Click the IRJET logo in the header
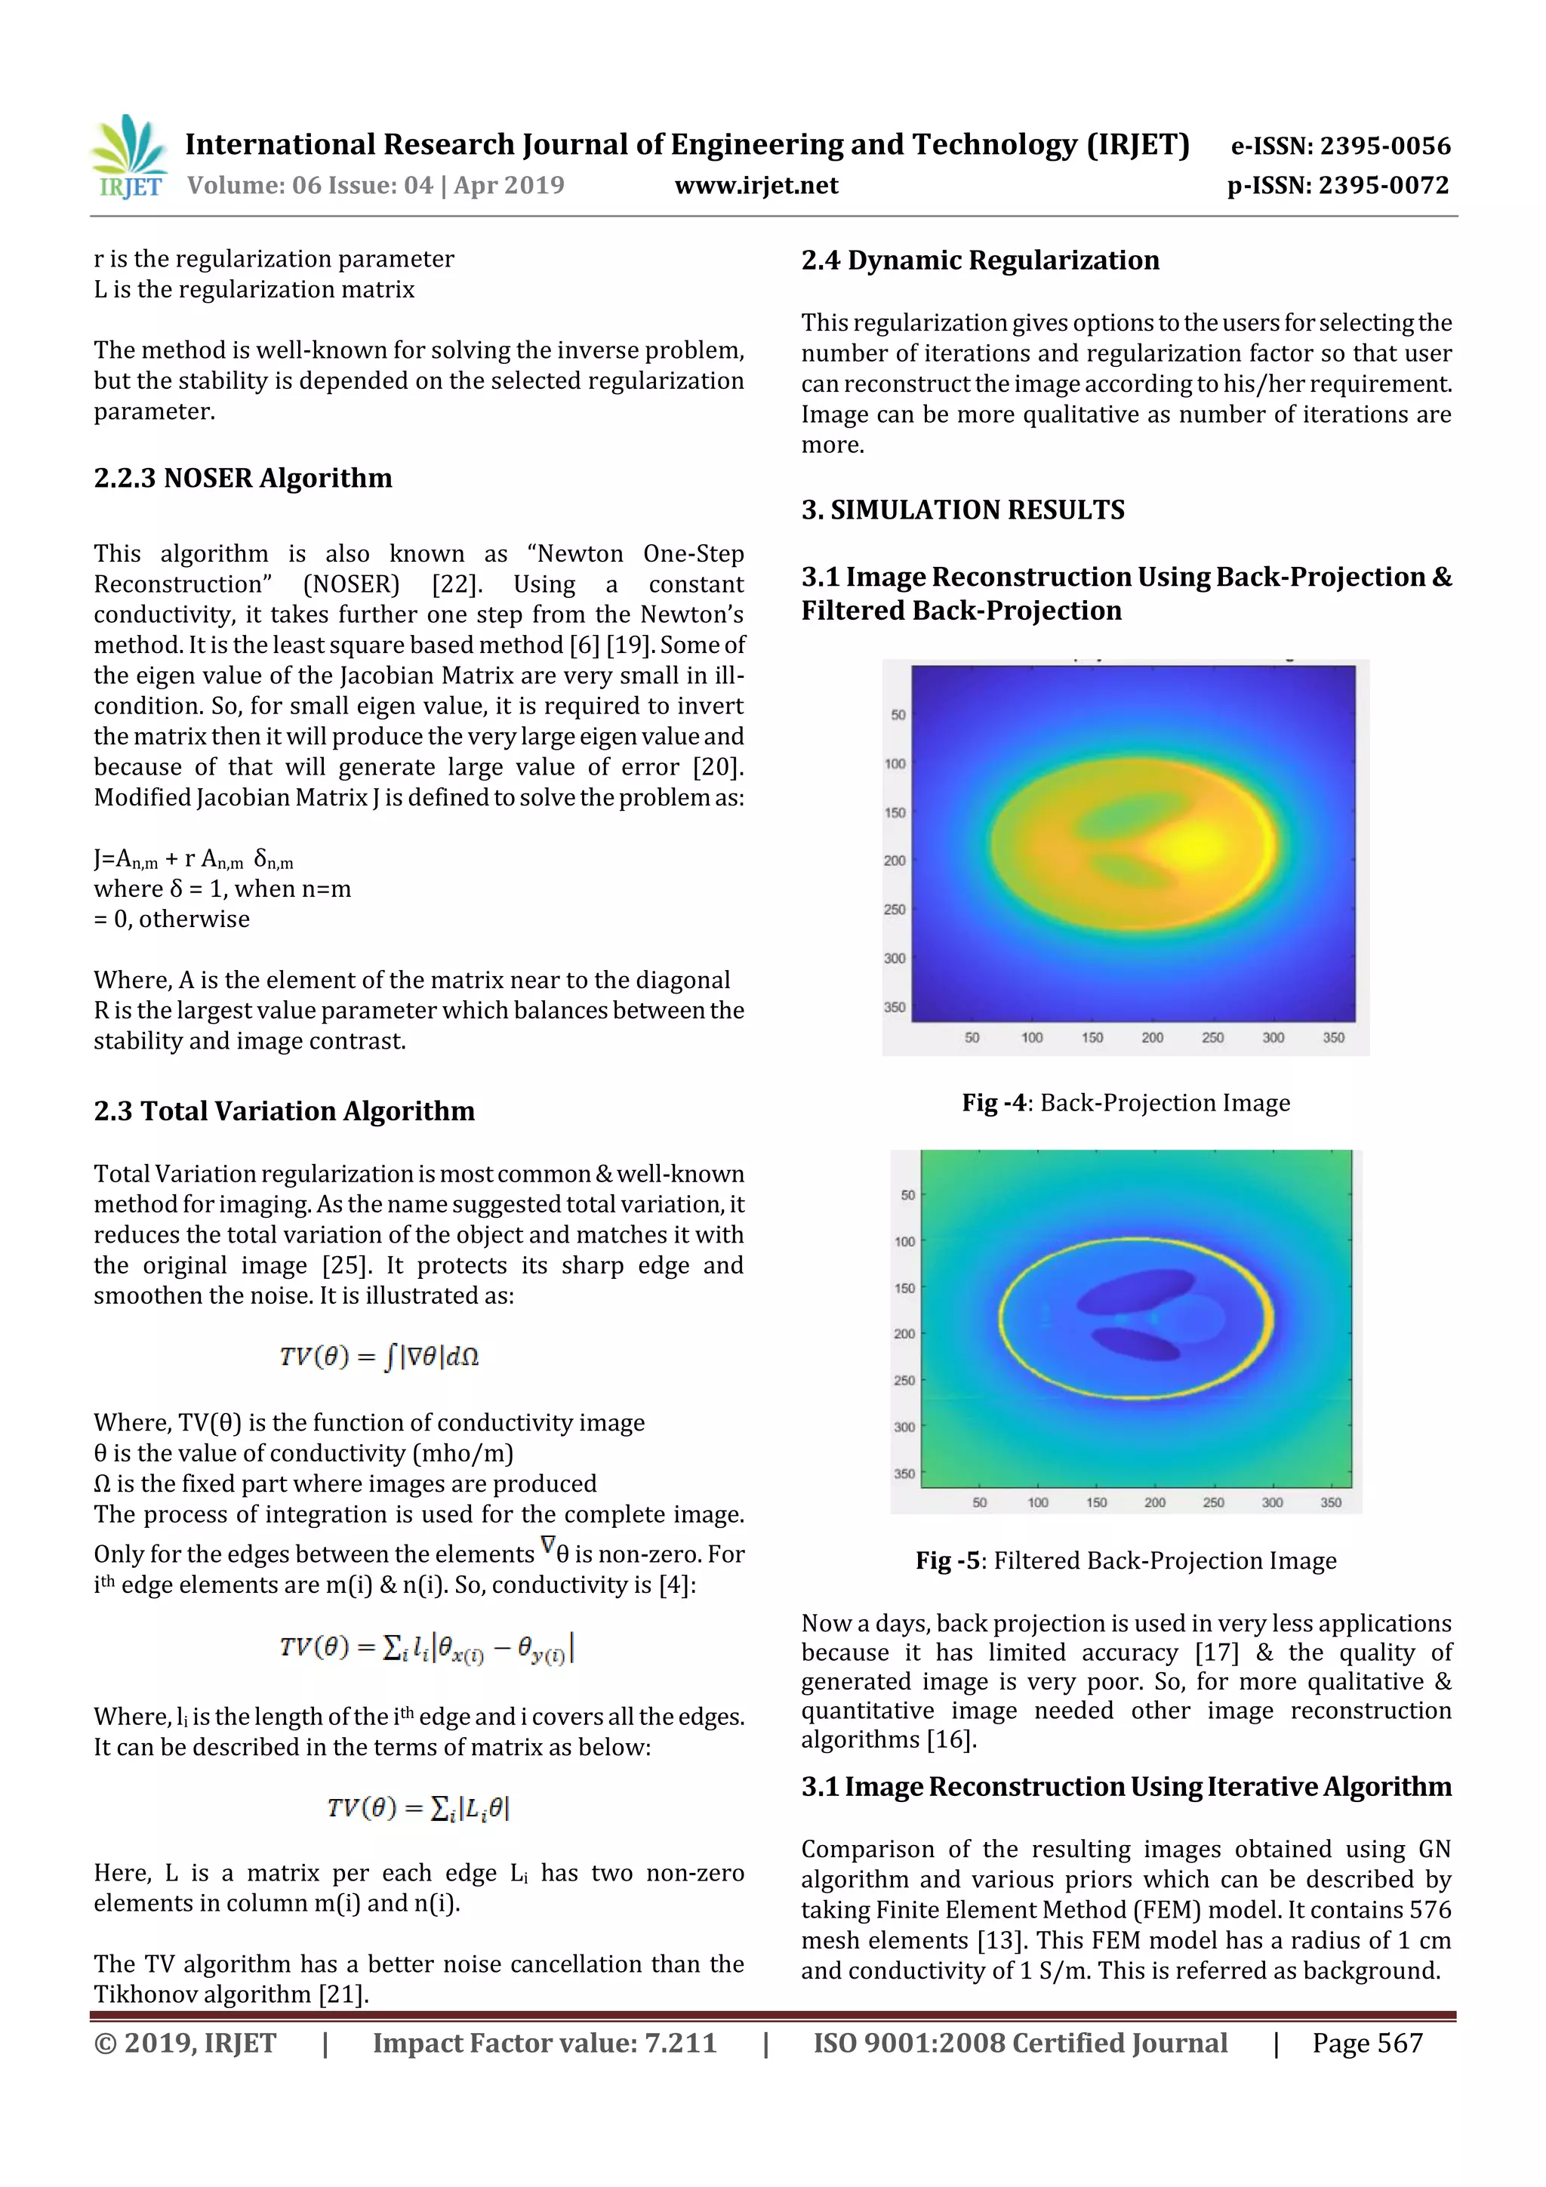(128, 157)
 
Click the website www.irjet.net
(756, 185)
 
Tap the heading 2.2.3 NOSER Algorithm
(243, 477)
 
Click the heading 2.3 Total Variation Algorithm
(284, 1110)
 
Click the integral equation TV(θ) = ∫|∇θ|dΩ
(379, 1357)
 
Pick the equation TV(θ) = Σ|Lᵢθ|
(418, 1808)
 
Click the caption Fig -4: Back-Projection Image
(1125, 1103)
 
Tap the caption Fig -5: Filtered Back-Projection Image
(1125, 1560)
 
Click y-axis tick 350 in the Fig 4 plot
(894, 1007)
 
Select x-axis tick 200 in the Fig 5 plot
(1154, 1502)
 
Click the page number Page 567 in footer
(1367, 2042)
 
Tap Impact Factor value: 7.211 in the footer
(544, 2042)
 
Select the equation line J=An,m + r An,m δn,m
(193, 859)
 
